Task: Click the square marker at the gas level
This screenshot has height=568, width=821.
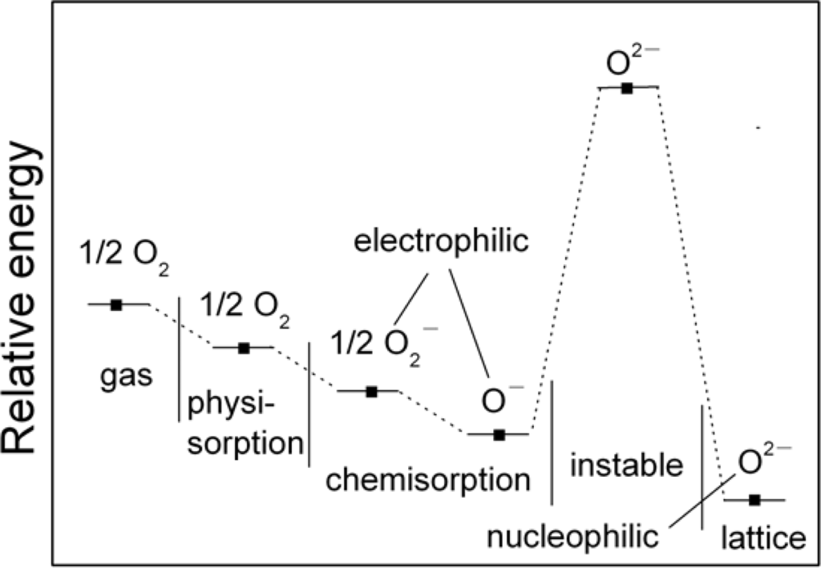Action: click(x=115, y=304)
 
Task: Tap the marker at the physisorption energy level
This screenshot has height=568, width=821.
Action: click(x=245, y=348)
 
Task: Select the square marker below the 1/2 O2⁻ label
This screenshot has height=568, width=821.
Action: click(x=371, y=391)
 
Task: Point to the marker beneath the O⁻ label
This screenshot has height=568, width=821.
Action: click(x=499, y=434)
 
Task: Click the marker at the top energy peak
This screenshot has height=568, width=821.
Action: click(x=628, y=87)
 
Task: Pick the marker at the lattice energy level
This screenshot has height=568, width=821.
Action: click(x=754, y=500)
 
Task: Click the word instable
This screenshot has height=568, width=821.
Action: click(x=626, y=463)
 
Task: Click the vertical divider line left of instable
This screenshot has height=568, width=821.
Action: click(x=552, y=442)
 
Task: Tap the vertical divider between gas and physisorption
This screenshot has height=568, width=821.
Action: click(x=179, y=359)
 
